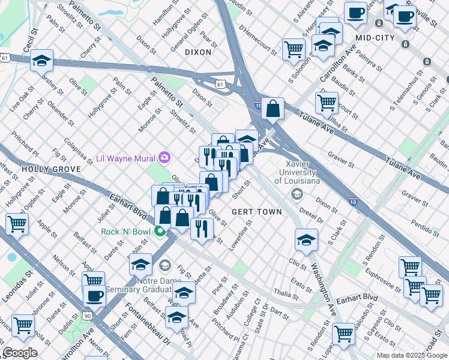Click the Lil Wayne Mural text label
[x=125, y=158]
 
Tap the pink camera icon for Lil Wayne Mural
[x=164, y=158]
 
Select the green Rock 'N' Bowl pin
[x=160, y=231]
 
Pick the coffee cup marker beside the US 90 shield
[x=94, y=295]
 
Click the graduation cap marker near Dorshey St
[x=42, y=60]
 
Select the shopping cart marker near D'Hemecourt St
[x=294, y=48]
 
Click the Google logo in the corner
[x=20, y=353]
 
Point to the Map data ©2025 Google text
[x=412, y=355]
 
